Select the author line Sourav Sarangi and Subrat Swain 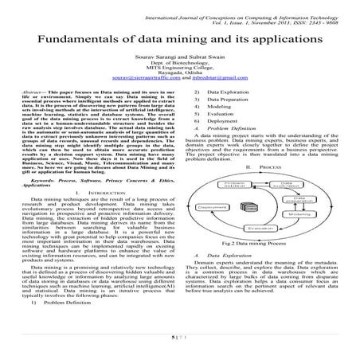click(179, 59)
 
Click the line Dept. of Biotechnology click(179, 65)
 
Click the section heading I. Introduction click(94, 195)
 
